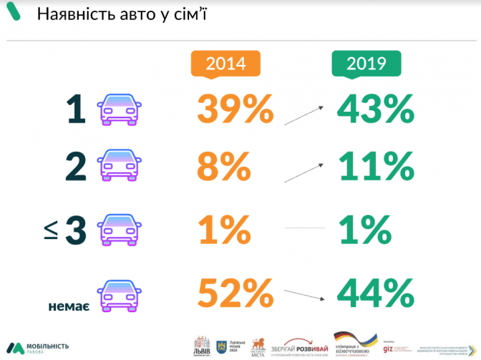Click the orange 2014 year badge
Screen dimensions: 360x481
click(x=225, y=64)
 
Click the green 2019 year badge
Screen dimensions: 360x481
click(x=366, y=64)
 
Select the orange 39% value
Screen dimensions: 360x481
click(x=235, y=110)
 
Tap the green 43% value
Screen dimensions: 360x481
click(x=376, y=110)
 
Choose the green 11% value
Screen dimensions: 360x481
click(x=374, y=167)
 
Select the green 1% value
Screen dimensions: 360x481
click(x=364, y=230)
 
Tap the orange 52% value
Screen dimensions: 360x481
click(x=235, y=293)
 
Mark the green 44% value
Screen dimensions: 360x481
click(x=376, y=293)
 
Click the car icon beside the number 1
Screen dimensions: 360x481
click(x=120, y=110)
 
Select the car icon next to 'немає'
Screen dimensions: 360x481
click(x=120, y=294)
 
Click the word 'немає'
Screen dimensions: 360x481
click(x=68, y=305)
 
